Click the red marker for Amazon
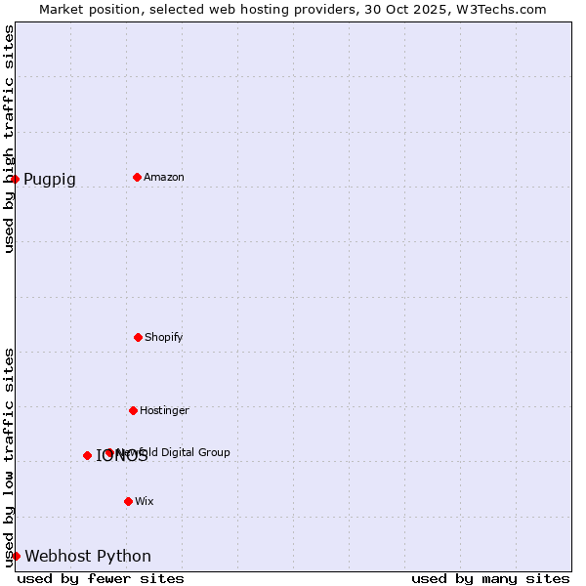(137, 177)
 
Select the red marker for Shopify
(138, 337)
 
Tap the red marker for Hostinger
(133, 410)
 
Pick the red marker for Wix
(128, 501)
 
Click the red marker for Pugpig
(15, 179)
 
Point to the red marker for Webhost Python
(16, 556)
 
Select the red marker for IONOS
(87, 455)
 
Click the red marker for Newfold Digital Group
(108, 452)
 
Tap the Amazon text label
(164, 177)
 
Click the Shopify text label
(164, 337)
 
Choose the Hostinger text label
(164, 410)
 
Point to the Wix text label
(145, 501)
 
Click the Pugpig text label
(50, 180)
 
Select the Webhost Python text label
(88, 557)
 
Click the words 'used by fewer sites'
(101, 578)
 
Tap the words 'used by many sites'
(490, 578)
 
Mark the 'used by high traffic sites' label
(9, 140)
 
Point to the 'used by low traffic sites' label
(9, 457)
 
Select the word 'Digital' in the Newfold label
(180, 452)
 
